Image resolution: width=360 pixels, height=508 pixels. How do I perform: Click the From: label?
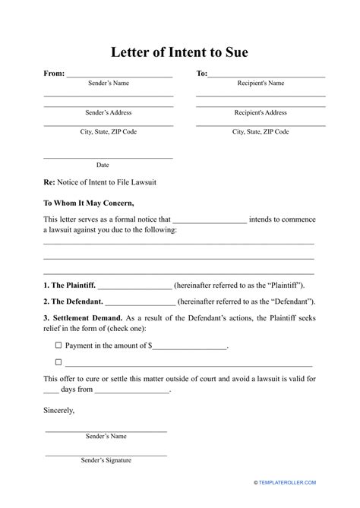[54, 74]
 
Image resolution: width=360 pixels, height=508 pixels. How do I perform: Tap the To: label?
[201, 74]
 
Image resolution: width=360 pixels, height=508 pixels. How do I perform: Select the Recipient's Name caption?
[261, 84]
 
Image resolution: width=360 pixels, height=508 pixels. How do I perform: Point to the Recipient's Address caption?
[261, 112]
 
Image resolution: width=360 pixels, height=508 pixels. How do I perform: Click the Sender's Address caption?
[108, 112]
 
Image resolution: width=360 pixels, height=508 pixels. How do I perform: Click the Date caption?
[103, 165]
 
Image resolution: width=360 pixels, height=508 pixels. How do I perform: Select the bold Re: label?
[49, 183]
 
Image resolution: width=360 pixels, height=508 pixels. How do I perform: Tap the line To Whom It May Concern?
[89, 203]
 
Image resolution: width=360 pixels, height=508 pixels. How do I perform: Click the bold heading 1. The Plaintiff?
[69, 285]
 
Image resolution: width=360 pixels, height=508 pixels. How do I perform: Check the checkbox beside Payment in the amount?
[58, 345]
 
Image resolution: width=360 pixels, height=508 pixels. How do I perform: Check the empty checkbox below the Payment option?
[58, 362]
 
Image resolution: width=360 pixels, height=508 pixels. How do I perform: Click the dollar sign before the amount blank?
[150, 346]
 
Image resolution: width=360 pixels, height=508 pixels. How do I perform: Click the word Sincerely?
[59, 410]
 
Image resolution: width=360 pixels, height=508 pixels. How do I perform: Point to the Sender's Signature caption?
[106, 460]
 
